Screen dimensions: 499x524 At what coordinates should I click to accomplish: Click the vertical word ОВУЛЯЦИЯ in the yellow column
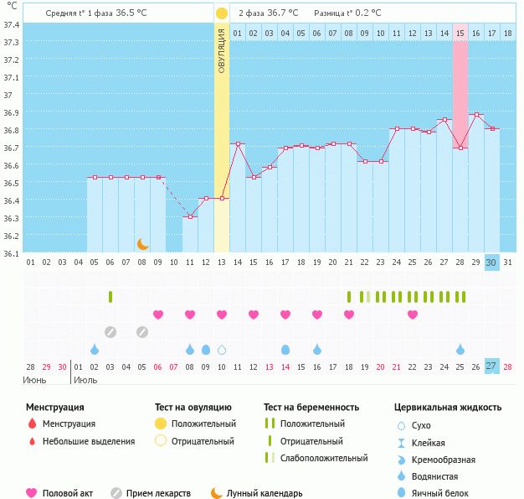point(222,51)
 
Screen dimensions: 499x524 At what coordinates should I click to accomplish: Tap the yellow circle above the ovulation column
point(221,13)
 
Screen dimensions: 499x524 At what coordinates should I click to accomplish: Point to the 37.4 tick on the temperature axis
point(12,24)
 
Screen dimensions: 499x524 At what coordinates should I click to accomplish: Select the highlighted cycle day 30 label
point(491,262)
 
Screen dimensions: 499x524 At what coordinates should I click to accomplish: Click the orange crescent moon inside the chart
point(143,243)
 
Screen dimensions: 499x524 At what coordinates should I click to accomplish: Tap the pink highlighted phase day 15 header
point(460,33)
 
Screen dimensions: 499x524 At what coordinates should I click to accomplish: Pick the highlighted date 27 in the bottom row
point(491,366)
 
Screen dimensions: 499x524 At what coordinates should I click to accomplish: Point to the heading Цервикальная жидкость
point(448,408)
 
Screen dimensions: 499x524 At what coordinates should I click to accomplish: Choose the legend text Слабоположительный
point(325,458)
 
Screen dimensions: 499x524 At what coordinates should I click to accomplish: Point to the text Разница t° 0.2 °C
point(347,13)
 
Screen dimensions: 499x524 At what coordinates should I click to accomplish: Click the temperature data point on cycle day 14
point(238,143)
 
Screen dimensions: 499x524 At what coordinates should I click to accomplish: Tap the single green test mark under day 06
point(110,296)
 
